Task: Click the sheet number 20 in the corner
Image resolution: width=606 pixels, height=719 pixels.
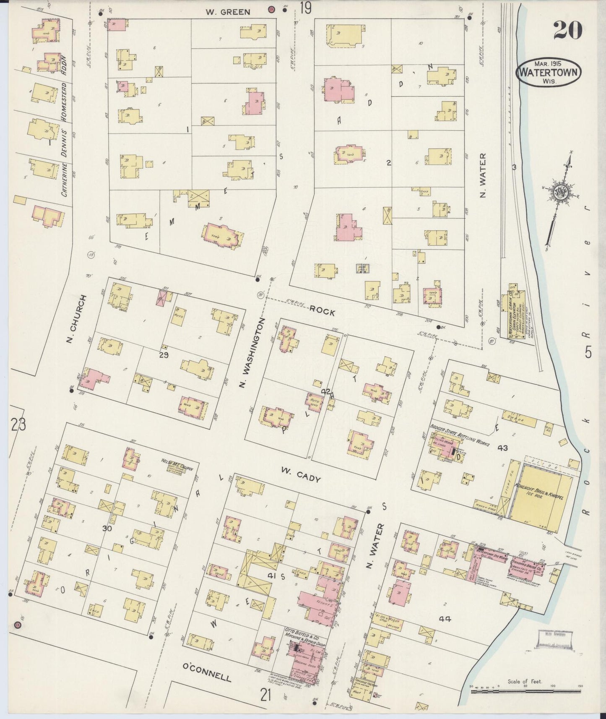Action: click(x=567, y=30)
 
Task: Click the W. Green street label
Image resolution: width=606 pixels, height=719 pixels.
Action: click(x=228, y=12)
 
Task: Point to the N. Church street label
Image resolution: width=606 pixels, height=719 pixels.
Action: click(x=76, y=318)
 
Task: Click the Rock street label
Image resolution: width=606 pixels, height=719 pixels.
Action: click(x=323, y=312)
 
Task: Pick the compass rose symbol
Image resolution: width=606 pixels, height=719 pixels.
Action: click(x=560, y=193)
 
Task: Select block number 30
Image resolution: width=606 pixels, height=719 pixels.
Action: click(x=107, y=529)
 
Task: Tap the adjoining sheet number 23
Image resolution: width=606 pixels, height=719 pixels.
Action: click(x=18, y=425)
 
